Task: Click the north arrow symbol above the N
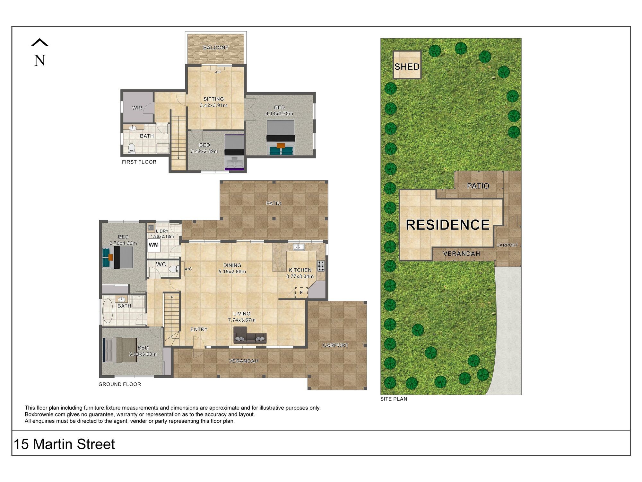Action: click(x=40, y=42)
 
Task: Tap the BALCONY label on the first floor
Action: click(x=216, y=48)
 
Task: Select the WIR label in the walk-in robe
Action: click(x=137, y=108)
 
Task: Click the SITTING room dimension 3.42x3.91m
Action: click(x=213, y=105)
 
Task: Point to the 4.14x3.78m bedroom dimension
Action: click(x=279, y=113)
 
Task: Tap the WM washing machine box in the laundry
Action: click(x=154, y=245)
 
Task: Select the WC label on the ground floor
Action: click(x=161, y=264)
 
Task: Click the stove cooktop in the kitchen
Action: click(x=321, y=266)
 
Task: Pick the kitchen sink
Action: click(x=299, y=247)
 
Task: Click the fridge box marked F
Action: click(x=301, y=293)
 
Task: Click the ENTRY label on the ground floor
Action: click(x=199, y=329)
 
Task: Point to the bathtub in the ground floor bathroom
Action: click(x=107, y=311)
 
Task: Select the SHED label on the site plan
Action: click(x=407, y=67)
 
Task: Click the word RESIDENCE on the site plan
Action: click(x=448, y=225)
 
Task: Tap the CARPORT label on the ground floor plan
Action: click(x=335, y=345)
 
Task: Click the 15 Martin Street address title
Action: click(x=64, y=444)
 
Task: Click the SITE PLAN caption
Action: click(x=394, y=399)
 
